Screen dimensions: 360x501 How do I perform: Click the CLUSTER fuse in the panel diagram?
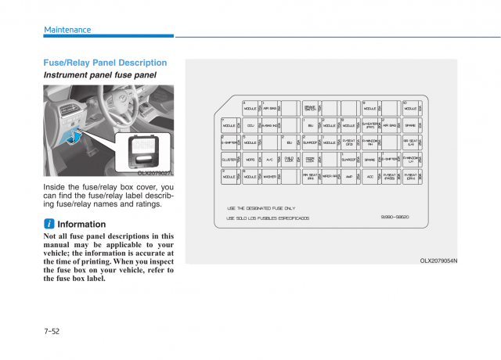click(230, 160)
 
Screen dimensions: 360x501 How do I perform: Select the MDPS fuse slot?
click(250, 160)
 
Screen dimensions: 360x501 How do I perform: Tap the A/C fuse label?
click(270, 160)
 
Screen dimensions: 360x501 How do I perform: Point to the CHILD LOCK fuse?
click(290, 160)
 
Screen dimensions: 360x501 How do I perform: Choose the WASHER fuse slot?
click(270, 177)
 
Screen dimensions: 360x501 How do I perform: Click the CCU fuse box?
click(250, 125)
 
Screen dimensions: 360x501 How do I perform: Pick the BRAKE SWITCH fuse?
click(311, 109)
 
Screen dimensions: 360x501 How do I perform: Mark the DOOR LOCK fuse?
click(311, 160)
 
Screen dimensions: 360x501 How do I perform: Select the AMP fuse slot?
click(350, 177)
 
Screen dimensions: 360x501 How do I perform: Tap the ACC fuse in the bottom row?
click(370, 177)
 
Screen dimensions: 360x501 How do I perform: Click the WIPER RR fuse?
click(330, 177)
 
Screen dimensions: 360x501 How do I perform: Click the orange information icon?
click(48, 225)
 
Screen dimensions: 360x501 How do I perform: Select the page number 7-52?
click(52, 331)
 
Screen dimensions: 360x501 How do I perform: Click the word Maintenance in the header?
click(67, 30)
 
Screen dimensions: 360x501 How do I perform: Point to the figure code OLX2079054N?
click(438, 261)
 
